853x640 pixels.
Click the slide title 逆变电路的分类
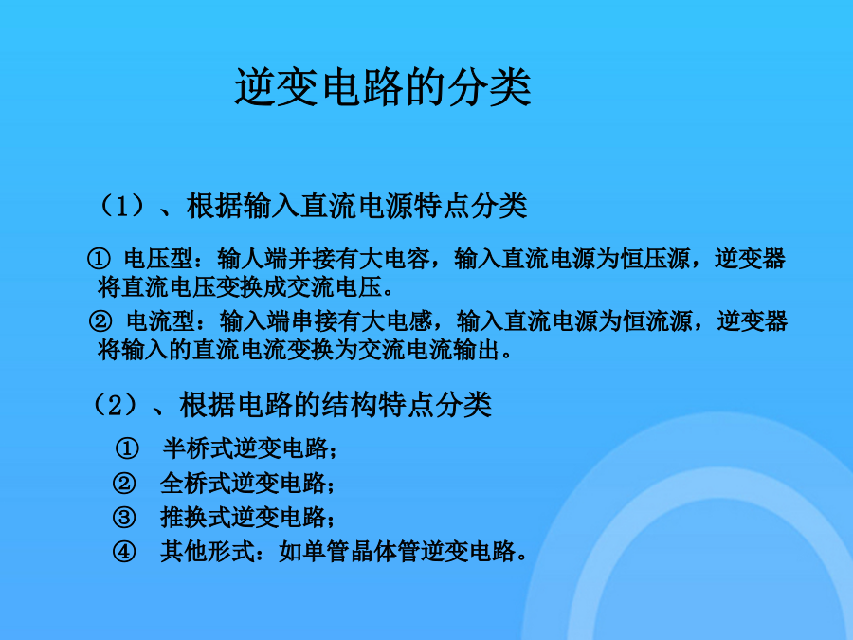click(x=383, y=87)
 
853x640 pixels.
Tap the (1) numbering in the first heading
click(x=122, y=207)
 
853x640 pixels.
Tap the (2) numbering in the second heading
click(x=116, y=405)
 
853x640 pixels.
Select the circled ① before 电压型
click(x=99, y=259)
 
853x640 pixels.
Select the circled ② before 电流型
click(x=100, y=321)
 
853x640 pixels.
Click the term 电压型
click(x=158, y=259)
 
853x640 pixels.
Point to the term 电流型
click(x=160, y=321)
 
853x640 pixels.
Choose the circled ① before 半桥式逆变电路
click(x=127, y=448)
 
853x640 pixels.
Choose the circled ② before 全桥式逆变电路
click(x=124, y=484)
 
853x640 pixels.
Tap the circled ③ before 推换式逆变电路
click(x=124, y=517)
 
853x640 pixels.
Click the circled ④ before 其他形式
click(x=124, y=552)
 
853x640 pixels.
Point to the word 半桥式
click(x=197, y=448)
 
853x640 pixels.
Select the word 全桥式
click(x=194, y=484)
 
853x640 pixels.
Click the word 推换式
click(x=194, y=517)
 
